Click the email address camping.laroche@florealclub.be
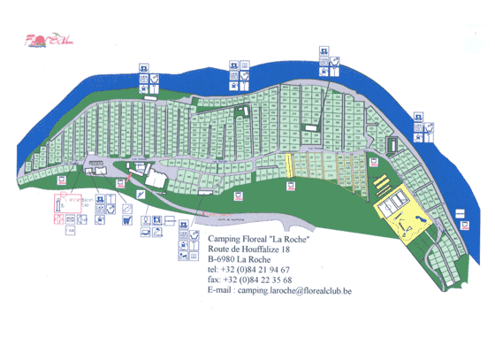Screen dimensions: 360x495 [301, 291]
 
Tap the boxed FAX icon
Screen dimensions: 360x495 [70, 230]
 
